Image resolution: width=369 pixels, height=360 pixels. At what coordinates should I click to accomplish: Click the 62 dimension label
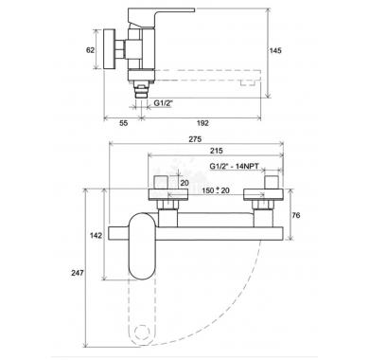90,50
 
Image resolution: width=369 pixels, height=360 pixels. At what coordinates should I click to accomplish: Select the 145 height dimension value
275,50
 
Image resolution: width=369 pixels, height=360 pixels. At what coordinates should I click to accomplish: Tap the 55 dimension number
124,123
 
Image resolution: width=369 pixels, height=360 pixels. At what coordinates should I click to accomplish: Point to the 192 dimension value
202,123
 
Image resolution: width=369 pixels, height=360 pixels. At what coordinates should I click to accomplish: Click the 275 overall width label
195,139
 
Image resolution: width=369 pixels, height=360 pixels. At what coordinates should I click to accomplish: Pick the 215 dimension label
217,151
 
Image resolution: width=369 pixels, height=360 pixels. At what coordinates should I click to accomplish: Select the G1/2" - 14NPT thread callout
234,166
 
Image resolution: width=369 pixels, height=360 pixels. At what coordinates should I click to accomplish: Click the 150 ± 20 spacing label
216,190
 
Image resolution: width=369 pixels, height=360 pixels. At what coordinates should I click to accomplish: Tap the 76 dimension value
296,215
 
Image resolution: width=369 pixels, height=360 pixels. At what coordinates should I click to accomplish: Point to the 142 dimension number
96,235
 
